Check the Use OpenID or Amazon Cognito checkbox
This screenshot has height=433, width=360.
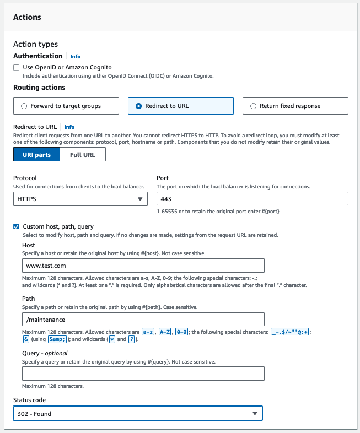pyautogui.click(x=17, y=68)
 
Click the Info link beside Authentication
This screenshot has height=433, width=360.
pyautogui.click(x=75, y=56)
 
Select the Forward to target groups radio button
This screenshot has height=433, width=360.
pyautogui.click(x=24, y=106)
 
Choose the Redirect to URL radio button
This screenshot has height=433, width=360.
pyautogui.click(x=138, y=106)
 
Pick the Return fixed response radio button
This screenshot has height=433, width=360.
pyautogui.click(x=253, y=106)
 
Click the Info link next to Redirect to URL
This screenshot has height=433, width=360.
pyautogui.click(x=69, y=127)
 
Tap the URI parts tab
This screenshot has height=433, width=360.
pyautogui.click(x=36, y=155)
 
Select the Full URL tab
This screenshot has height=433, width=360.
pyautogui.click(x=83, y=155)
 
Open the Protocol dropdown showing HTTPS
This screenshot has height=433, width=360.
pyautogui.click(x=79, y=199)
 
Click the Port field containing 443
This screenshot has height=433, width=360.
pyautogui.click(x=252, y=199)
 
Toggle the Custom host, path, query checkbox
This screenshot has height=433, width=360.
pyautogui.click(x=17, y=226)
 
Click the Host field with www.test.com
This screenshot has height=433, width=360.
pyautogui.click(x=143, y=266)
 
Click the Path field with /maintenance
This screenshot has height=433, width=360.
pyautogui.click(x=143, y=320)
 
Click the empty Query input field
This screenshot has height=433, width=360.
pyautogui.click(x=143, y=374)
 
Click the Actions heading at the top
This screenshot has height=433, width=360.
pyautogui.click(x=27, y=18)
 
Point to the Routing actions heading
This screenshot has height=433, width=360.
pyautogui.click(x=39, y=87)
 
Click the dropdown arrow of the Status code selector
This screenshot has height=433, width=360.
pyautogui.click(x=255, y=413)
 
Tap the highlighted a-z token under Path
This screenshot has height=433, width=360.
pyautogui.click(x=148, y=332)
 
